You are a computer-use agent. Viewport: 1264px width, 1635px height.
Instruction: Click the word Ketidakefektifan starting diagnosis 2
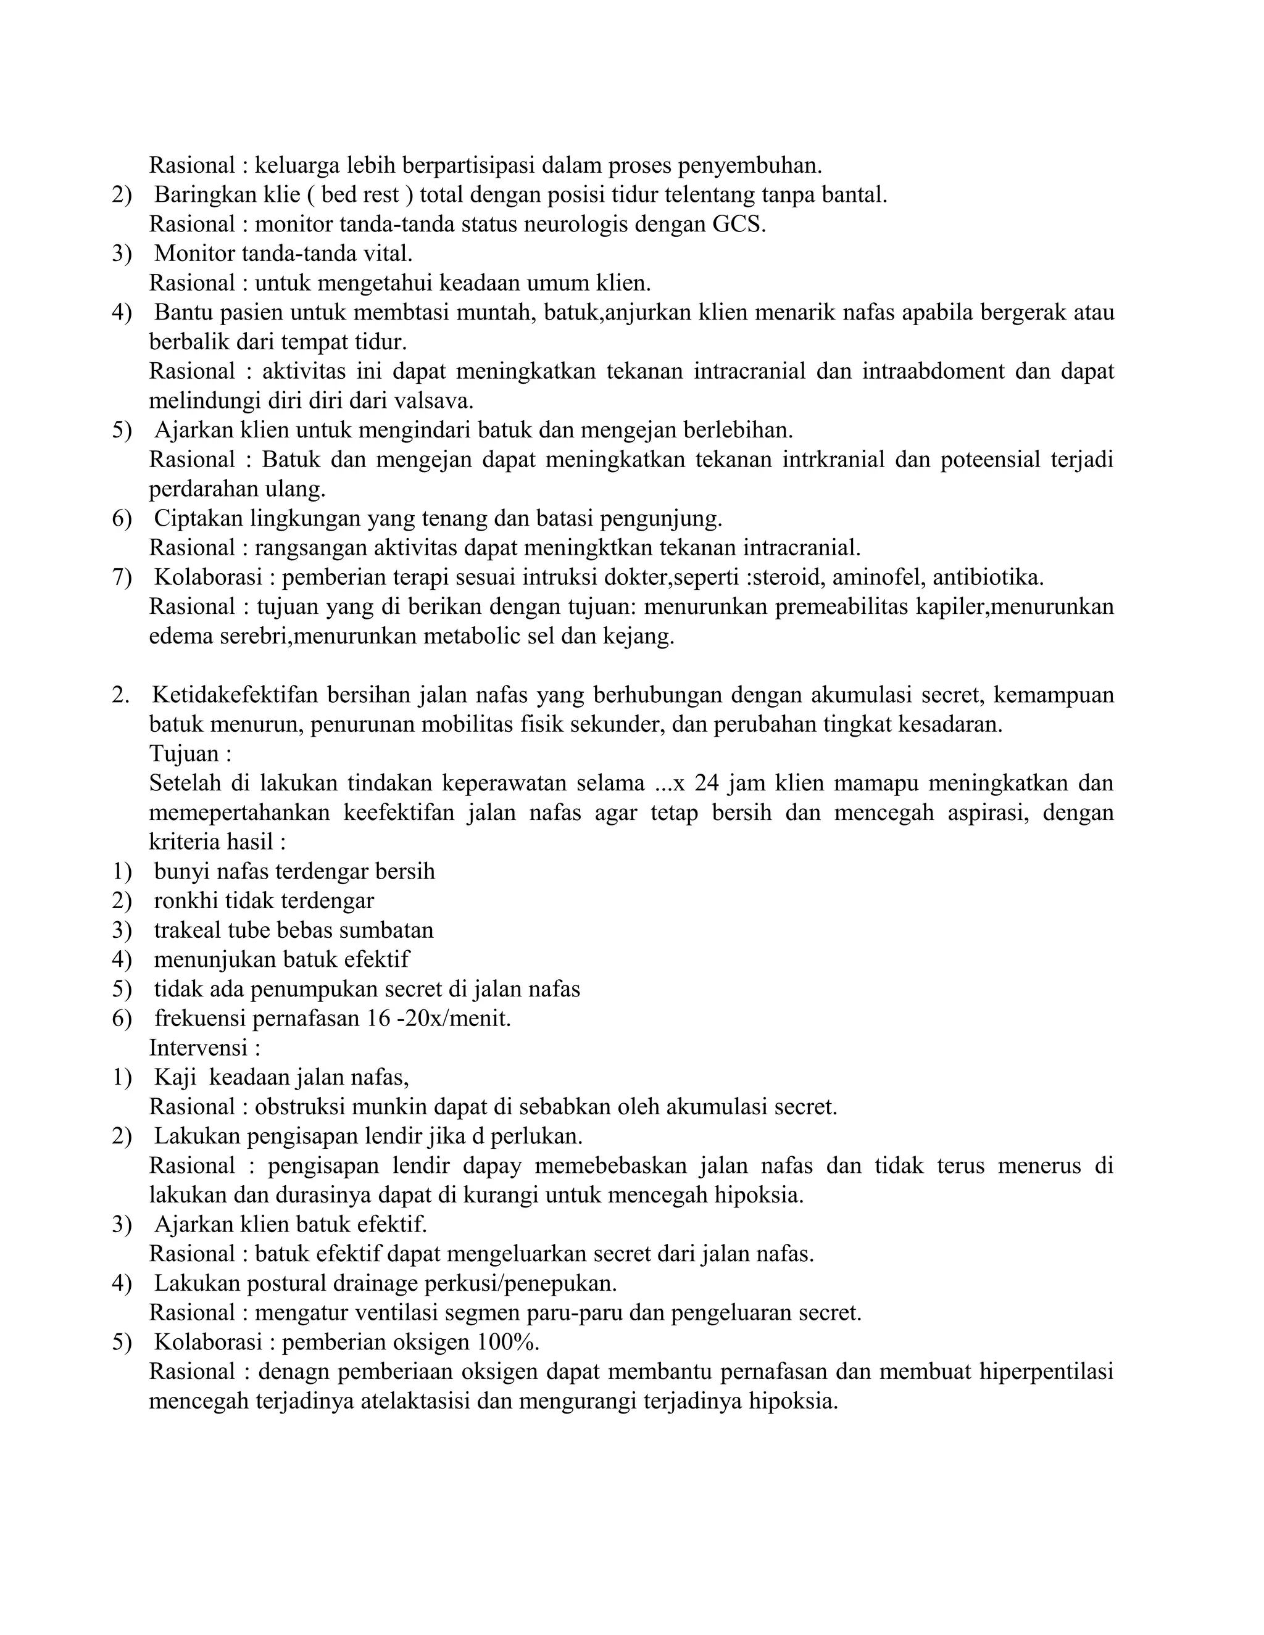click(x=235, y=695)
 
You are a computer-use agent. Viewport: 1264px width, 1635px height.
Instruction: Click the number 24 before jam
click(x=706, y=783)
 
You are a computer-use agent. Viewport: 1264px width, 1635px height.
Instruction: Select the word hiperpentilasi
click(x=1040, y=1372)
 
